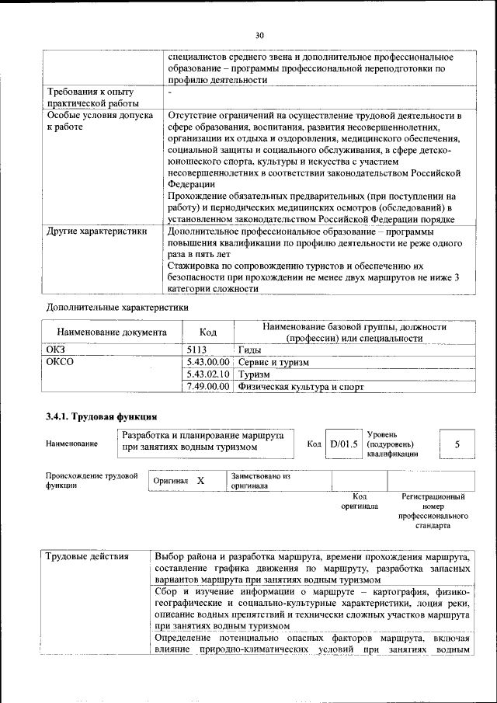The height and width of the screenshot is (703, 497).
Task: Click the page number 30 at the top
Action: tap(259, 35)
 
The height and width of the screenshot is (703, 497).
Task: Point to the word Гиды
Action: tap(250, 350)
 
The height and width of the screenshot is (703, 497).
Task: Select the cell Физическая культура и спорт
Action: tap(301, 386)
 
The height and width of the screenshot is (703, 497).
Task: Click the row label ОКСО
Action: tap(61, 362)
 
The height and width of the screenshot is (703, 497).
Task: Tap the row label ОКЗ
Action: tap(58, 350)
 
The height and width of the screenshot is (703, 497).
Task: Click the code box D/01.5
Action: tap(343, 444)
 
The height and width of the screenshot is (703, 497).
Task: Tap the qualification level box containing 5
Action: tap(457, 444)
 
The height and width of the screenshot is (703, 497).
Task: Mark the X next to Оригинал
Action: tap(200, 481)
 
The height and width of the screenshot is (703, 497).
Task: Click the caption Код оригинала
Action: tap(360, 501)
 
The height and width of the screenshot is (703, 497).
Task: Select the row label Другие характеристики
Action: tap(96, 231)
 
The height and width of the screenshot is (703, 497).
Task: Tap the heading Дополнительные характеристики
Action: tap(117, 307)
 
